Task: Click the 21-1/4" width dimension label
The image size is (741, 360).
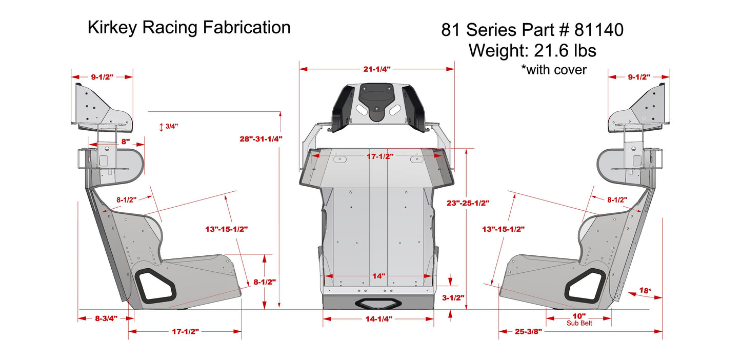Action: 377,68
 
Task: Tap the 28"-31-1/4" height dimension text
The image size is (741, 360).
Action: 261,138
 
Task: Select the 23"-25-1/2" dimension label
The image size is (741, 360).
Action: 468,203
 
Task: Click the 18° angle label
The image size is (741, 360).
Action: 645,291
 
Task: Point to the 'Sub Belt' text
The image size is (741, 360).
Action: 579,323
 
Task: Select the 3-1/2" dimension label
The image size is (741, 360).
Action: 453,297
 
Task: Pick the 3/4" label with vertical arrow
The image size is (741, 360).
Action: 172,126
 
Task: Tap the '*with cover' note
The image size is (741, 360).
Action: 553,70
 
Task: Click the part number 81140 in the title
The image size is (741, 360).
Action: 598,30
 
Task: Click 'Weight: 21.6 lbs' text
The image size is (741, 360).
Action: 532,50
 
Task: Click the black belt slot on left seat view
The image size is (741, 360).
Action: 156,285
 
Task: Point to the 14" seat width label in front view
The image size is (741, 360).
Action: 378,276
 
